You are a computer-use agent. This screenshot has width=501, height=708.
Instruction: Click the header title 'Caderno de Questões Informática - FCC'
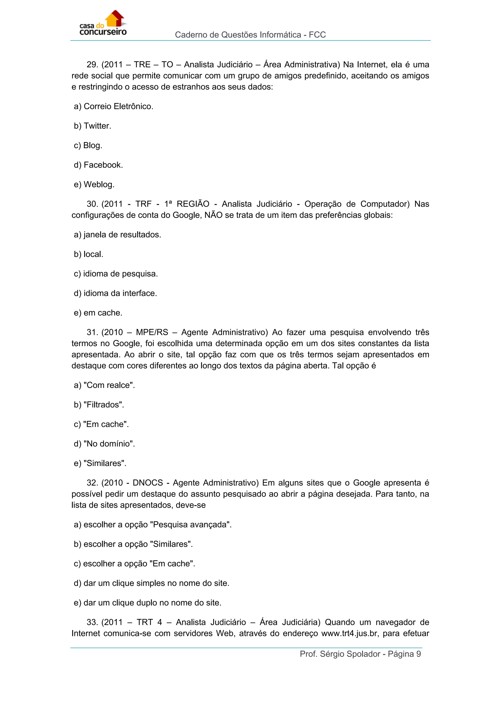pyautogui.click(x=250, y=35)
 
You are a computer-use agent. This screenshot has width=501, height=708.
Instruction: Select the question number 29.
pyautogui.click(x=92, y=65)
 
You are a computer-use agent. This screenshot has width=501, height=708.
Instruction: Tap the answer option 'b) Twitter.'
pyautogui.click(x=92, y=126)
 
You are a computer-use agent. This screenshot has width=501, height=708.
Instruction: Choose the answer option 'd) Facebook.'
pyautogui.click(x=98, y=165)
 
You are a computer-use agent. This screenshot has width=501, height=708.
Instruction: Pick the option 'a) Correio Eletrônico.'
pyautogui.click(x=114, y=106)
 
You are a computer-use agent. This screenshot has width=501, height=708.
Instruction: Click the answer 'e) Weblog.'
pyautogui.click(x=94, y=184)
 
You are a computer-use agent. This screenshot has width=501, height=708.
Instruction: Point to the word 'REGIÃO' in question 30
pyautogui.click(x=193, y=204)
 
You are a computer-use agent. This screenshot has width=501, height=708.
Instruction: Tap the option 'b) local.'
pyautogui.click(x=89, y=254)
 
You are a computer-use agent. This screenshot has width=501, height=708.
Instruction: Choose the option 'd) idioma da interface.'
pyautogui.click(x=115, y=293)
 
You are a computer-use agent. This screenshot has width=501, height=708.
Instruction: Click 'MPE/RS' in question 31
pyautogui.click(x=152, y=332)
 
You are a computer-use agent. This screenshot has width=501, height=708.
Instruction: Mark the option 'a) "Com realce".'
pyautogui.click(x=104, y=385)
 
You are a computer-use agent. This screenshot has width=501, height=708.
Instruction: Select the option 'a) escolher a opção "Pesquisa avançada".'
pyautogui.click(x=153, y=525)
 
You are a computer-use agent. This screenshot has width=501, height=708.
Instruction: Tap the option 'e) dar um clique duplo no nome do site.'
pyautogui.click(x=148, y=603)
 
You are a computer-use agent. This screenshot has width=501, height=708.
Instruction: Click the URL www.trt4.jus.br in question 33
pyautogui.click(x=349, y=634)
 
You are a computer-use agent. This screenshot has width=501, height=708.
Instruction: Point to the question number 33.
pyautogui.click(x=92, y=622)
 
